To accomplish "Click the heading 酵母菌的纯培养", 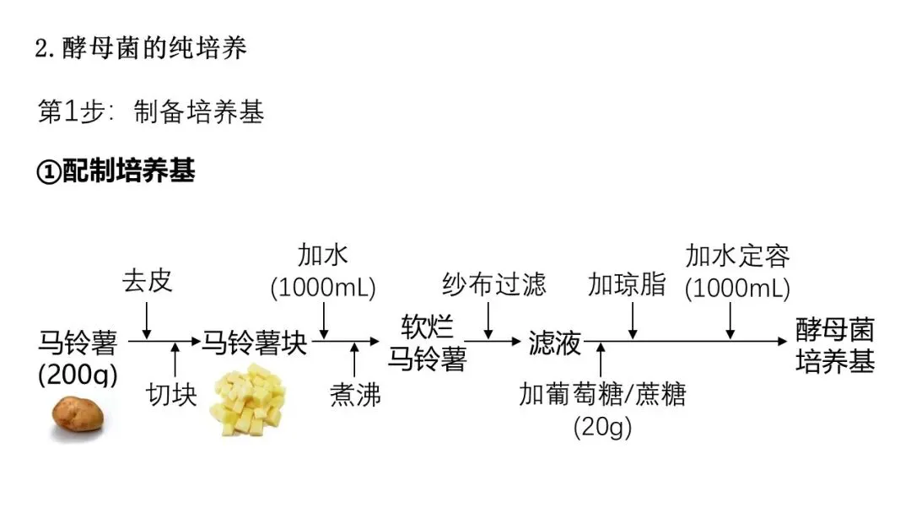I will [141, 48].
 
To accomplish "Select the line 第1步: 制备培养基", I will [151, 112].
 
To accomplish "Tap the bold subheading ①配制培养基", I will [116, 171].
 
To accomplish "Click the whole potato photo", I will [78, 413].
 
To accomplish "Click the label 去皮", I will [148, 280].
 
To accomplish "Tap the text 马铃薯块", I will [253, 343].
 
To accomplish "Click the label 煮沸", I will [355, 395].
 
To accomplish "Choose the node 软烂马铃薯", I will [427, 343].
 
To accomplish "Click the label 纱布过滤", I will [494, 283].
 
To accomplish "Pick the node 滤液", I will [555, 343].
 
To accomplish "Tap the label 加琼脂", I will [626, 284].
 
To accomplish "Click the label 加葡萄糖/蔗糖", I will [602, 394].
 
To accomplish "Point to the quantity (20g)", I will [602, 427].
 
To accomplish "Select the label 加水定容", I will [737, 255].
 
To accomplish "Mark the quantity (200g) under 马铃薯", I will [78, 374].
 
